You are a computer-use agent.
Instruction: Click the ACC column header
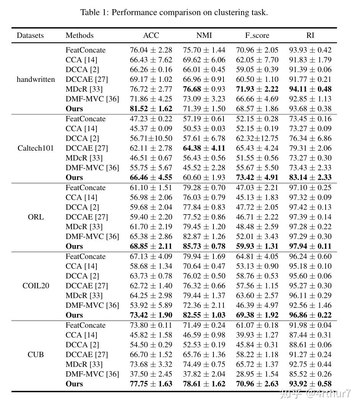(151, 36)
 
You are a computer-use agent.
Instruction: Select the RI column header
(310, 36)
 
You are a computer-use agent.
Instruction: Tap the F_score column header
(257, 36)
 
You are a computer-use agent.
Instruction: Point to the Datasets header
(30, 36)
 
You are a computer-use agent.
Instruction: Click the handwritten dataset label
(36, 80)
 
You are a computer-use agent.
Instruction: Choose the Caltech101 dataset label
(36, 148)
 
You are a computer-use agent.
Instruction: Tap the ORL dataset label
(36, 217)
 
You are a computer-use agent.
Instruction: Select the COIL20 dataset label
(36, 286)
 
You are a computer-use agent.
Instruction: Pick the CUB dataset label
(36, 354)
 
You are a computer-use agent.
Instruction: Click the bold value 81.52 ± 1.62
(151, 109)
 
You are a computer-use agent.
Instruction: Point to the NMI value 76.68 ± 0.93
(204, 89)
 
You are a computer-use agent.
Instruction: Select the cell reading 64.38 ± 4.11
(204, 148)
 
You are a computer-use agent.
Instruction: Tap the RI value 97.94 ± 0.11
(310, 246)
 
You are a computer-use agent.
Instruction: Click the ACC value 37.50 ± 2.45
(151, 374)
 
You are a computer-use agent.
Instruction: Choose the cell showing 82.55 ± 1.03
(204, 315)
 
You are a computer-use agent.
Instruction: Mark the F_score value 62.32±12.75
(257, 138)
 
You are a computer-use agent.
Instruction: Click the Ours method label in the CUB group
(74, 384)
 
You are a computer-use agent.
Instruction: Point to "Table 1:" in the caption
(94, 12)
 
